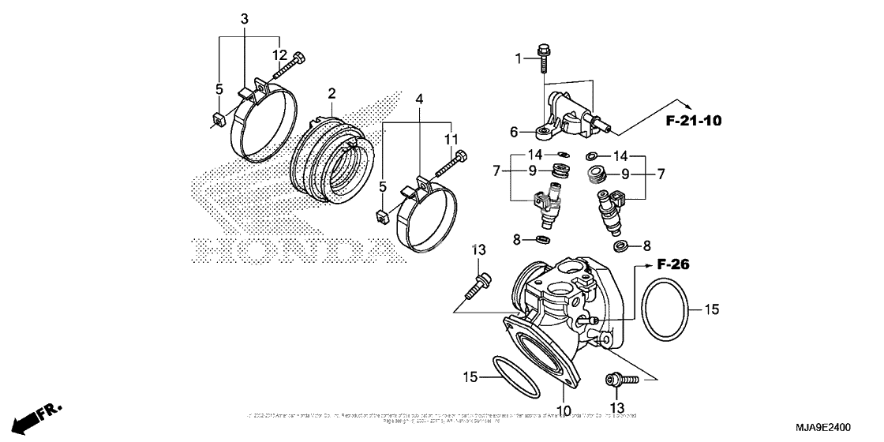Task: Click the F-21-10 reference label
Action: [x=693, y=121]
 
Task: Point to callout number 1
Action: [x=518, y=58]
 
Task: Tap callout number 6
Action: [x=514, y=133]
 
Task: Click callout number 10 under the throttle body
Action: [x=562, y=410]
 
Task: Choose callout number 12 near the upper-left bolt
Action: [x=280, y=54]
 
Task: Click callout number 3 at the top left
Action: [x=244, y=18]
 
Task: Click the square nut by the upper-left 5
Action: [x=219, y=120]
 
